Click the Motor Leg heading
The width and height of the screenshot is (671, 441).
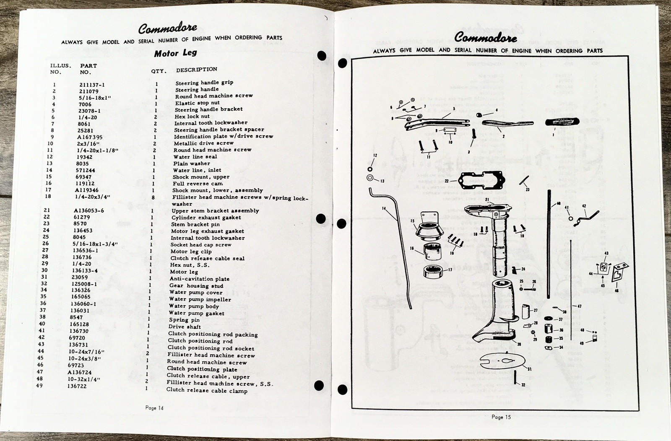(175, 53)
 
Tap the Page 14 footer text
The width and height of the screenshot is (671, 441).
(154, 408)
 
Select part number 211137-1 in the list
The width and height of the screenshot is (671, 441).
(92, 84)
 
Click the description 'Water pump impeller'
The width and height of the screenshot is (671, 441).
(200, 299)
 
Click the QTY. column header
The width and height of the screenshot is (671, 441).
(159, 71)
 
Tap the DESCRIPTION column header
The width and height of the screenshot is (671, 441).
(197, 69)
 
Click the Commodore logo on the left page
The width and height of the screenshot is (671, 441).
(168, 28)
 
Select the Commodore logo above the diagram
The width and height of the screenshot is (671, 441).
(486, 37)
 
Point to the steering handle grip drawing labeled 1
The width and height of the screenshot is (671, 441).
(562, 122)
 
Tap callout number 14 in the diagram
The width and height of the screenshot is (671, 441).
(384, 208)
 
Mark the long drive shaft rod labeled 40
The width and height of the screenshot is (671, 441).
(549, 243)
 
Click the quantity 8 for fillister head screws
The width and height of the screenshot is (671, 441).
(153, 197)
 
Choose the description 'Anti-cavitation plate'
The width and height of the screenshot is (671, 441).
(199, 279)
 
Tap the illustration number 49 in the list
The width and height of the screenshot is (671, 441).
(39, 386)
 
